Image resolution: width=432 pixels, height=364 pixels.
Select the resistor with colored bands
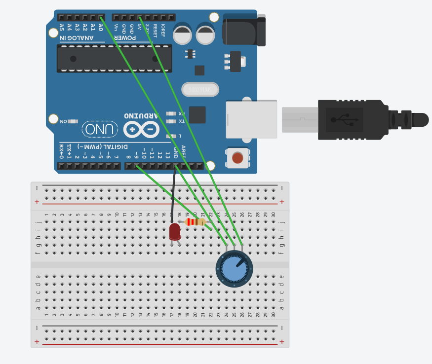click(x=196, y=222)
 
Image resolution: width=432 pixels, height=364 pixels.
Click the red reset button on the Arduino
click(x=237, y=158)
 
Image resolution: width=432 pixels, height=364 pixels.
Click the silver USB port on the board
click(x=251, y=119)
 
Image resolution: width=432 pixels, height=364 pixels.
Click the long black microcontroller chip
click(x=114, y=59)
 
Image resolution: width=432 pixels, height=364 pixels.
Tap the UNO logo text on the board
click(x=100, y=130)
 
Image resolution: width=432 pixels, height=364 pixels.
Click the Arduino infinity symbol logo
click(x=141, y=130)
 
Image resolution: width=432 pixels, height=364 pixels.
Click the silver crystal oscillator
click(x=200, y=89)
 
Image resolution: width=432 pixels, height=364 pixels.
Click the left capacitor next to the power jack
click(x=182, y=34)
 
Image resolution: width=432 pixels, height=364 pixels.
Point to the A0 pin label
click(x=101, y=28)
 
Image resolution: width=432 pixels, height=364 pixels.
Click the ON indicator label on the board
click(x=64, y=121)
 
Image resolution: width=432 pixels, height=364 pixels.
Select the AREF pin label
click(x=183, y=151)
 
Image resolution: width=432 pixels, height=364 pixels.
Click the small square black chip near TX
click(x=197, y=114)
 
